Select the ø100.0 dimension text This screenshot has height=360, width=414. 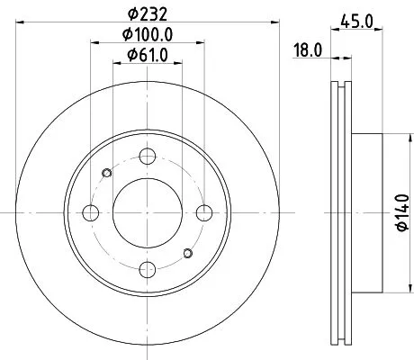pos(148,35)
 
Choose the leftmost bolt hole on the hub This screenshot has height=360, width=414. pos(91,212)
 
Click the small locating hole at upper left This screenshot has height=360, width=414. pos(108,173)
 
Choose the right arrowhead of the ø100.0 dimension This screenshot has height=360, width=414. pos(202,43)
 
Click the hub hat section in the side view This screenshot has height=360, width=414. pos(369,212)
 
